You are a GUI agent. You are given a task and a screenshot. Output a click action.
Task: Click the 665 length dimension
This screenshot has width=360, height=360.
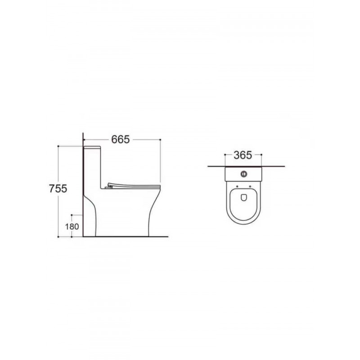pyautogui.click(x=120, y=139)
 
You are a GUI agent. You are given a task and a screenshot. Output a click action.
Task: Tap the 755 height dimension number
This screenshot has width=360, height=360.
pyautogui.click(x=58, y=189)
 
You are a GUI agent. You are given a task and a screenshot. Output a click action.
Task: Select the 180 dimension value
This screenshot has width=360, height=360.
pyautogui.click(x=72, y=227)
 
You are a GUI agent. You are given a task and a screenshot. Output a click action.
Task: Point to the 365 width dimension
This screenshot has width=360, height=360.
pyautogui.click(x=243, y=155)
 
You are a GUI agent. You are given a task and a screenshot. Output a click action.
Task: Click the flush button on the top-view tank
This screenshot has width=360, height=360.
pyautogui.click(x=243, y=174)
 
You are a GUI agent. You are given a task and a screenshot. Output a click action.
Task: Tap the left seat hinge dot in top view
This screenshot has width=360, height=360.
pyautogui.click(x=237, y=186)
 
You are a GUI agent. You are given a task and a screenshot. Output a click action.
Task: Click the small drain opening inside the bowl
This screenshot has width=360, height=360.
pyautogui.click(x=243, y=198)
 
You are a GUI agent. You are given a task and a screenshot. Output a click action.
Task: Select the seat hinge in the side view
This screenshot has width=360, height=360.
pyautogui.click(x=108, y=188)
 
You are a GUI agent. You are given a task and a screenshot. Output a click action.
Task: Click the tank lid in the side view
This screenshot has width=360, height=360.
pyautogui.click(x=92, y=147)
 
